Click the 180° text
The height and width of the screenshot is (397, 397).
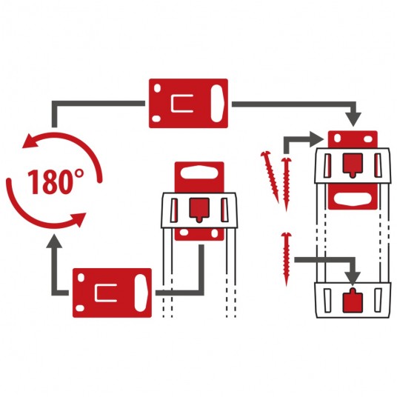tap(55, 181)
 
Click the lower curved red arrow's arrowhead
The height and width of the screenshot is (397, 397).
tap(78, 219)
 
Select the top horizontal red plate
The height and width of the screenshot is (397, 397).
tap(188, 103)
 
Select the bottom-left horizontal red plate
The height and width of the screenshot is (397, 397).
tap(112, 293)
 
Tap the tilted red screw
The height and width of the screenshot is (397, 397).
tap(270, 177)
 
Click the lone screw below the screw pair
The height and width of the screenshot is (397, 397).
tap(287, 259)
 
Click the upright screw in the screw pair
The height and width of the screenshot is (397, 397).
tap(287, 184)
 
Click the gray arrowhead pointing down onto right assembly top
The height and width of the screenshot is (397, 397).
tap(353, 119)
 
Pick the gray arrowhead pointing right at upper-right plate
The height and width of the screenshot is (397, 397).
tap(317, 139)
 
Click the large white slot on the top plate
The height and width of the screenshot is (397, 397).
tap(217, 103)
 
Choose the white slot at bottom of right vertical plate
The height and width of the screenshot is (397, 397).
tap(353, 199)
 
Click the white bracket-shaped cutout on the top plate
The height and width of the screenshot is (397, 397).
tap(181, 103)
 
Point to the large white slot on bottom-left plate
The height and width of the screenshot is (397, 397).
tap(141, 293)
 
